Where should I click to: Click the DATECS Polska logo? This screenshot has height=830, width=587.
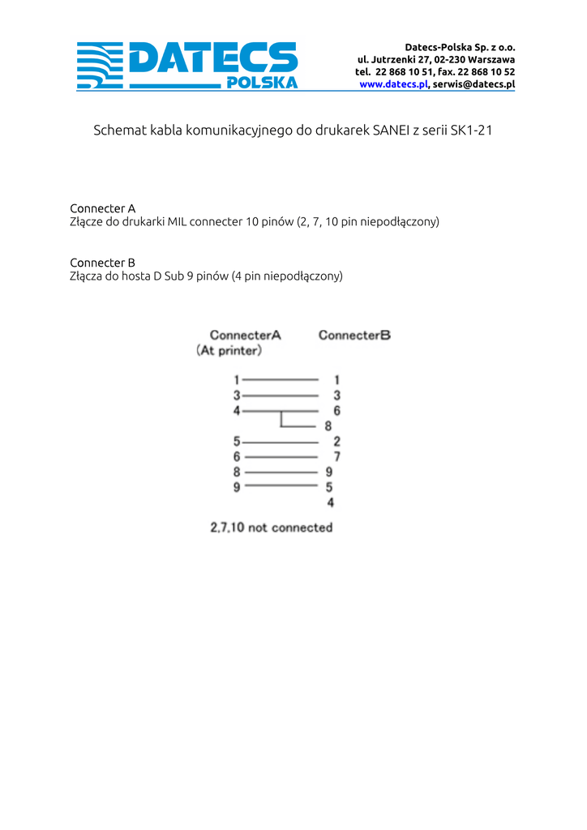(x=187, y=65)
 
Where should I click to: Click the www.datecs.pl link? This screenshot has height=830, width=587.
(x=393, y=84)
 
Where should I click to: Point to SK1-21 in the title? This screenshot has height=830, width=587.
(x=471, y=130)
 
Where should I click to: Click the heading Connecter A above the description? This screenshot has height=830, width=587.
(x=102, y=208)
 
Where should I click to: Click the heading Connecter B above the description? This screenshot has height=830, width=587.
(x=102, y=263)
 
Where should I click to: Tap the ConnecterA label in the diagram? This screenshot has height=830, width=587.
(x=245, y=335)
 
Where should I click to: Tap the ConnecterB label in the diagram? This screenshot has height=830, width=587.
(x=354, y=335)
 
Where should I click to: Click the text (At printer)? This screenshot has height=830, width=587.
(x=229, y=351)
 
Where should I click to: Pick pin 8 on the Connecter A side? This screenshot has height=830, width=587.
(x=237, y=472)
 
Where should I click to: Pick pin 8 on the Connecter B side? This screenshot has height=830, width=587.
(x=328, y=426)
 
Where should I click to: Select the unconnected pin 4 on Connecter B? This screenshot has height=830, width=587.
(x=330, y=503)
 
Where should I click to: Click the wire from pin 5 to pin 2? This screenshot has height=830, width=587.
(x=281, y=443)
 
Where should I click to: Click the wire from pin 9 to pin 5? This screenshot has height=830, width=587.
(x=281, y=486)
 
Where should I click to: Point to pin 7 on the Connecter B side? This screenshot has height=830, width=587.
(x=336, y=457)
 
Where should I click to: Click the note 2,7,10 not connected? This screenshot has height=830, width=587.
(x=272, y=528)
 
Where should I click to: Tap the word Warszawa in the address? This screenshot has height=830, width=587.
(x=491, y=59)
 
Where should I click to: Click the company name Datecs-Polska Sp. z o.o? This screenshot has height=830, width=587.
(x=460, y=47)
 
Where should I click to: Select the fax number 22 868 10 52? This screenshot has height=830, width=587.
(x=486, y=71)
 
